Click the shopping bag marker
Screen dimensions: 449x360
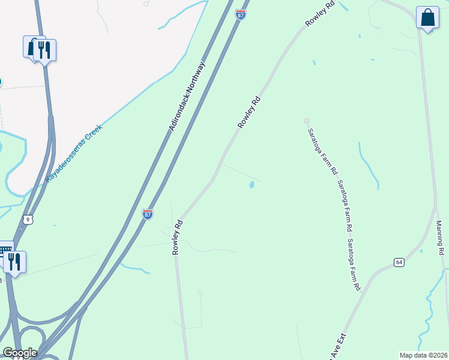pos(427,19)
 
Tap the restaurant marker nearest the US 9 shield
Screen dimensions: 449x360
pos(14,263)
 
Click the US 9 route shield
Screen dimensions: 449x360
pos(27,220)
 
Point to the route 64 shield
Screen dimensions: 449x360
pos(399,262)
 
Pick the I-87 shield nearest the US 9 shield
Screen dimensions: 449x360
pos(148,214)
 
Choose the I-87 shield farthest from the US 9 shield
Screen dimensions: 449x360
pos(241,15)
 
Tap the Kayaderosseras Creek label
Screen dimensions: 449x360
pos(74,154)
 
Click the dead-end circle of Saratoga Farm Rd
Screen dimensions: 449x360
pos(306,121)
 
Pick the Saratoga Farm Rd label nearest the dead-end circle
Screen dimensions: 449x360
pos(321,151)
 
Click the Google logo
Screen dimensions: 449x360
pos(20,353)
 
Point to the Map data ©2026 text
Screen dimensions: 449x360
pos(423,355)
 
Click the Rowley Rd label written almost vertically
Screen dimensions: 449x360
pos(177,237)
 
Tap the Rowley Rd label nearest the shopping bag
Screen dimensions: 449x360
pos(319,14)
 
